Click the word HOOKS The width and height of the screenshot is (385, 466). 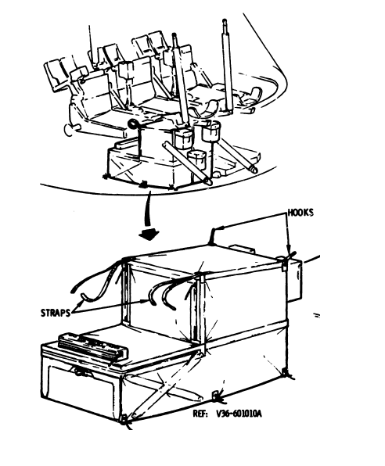click(x=300, y=213)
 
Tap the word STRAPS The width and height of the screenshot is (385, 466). click(x=56, y=313)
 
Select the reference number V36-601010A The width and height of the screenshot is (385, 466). click(x=239, y=414)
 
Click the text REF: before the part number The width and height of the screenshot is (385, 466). click(x=200, y=414)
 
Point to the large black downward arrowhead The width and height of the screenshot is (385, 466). click(x=149, y=234)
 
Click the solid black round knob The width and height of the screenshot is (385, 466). click(x=131, y=124)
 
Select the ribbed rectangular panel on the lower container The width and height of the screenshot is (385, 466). click(x=93, y=348)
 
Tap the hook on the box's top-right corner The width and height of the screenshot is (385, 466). click(x=286, y=259)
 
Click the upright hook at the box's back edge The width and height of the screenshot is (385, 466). click(x=214, y=235)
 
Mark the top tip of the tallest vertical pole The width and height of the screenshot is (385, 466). click(x=225, y=21)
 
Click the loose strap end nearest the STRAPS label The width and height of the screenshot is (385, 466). click(x=84, y=296)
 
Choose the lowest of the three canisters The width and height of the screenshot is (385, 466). click(x=196, y=160)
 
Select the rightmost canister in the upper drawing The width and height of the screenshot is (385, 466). click(x=211, y=131)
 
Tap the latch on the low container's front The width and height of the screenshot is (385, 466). click(x=80, y=371)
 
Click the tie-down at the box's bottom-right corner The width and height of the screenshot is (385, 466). click(x=287, y=374)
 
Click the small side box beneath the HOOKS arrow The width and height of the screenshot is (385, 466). click(x=294, y=279)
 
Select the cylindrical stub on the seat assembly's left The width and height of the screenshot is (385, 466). click(x=71, y=130)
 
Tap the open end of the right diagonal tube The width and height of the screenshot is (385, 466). click(x=254, y=170)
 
